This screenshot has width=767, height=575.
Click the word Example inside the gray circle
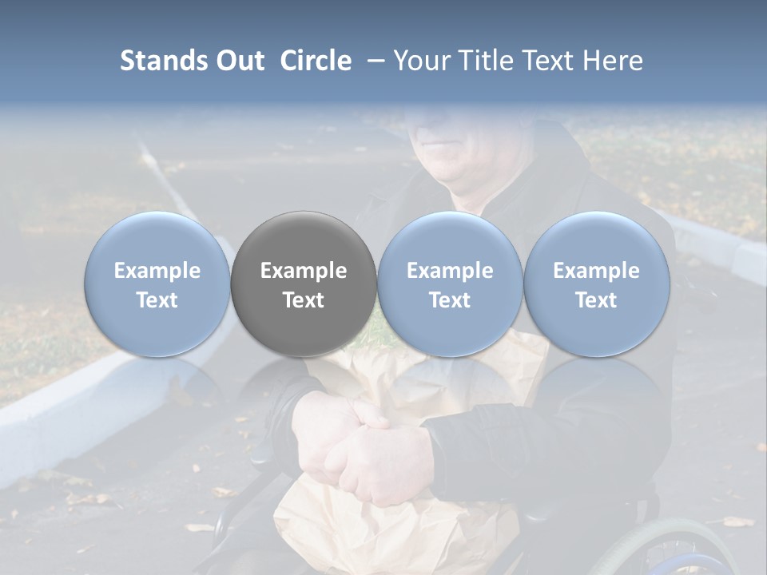point(304,271)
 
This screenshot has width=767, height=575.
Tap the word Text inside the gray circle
point(304,300)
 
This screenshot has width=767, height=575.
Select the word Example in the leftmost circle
point(157,271)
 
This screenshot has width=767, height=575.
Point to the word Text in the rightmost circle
point(596,300)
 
